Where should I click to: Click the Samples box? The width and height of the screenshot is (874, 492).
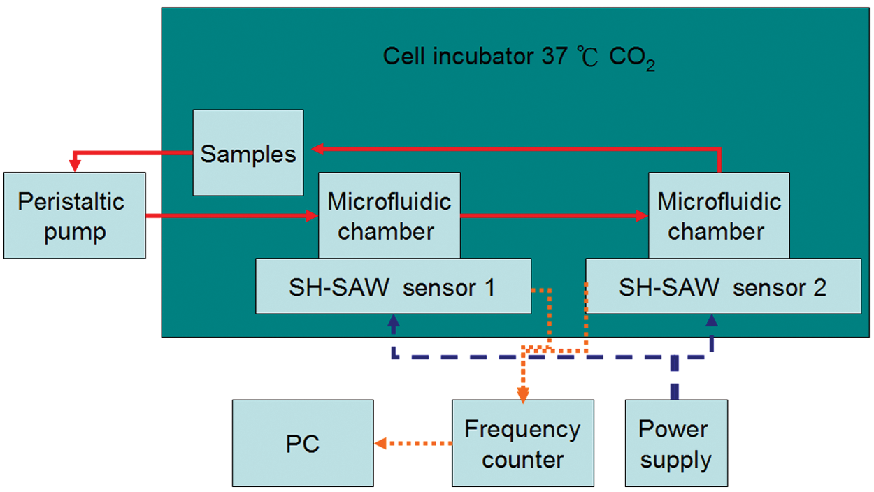(248, 153)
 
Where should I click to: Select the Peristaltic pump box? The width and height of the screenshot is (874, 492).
(75, 215)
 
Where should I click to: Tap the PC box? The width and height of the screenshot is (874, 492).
(303, 443)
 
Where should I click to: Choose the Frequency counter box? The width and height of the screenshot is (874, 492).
(523, 443)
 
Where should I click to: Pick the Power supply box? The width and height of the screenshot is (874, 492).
(676, 443)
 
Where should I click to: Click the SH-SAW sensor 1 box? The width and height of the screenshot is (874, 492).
(393, 286)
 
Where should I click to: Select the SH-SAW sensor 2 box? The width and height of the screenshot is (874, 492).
(724, 286)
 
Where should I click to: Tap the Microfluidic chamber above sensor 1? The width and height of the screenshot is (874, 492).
(389, 215)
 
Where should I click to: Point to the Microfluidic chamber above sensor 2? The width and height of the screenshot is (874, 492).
(719, 215)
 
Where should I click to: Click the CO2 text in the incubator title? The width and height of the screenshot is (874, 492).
(631, 58)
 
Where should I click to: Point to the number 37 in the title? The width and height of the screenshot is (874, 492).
(554, 56)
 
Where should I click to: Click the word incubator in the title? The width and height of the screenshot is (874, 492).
(483, 56)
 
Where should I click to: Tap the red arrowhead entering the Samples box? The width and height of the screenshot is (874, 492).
(317, 149)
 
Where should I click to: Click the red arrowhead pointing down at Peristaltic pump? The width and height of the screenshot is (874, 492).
(75, 166)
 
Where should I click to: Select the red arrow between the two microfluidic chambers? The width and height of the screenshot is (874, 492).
(554, 215)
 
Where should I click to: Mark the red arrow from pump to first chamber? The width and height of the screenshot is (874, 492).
(232, 215)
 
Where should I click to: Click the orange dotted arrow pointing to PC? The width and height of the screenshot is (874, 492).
(413, 443)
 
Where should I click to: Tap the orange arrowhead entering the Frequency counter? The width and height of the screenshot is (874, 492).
(523, 395)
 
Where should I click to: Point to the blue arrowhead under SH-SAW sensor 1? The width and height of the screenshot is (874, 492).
(393, 321)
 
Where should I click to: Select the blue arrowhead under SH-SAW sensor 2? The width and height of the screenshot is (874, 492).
(712, 321)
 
